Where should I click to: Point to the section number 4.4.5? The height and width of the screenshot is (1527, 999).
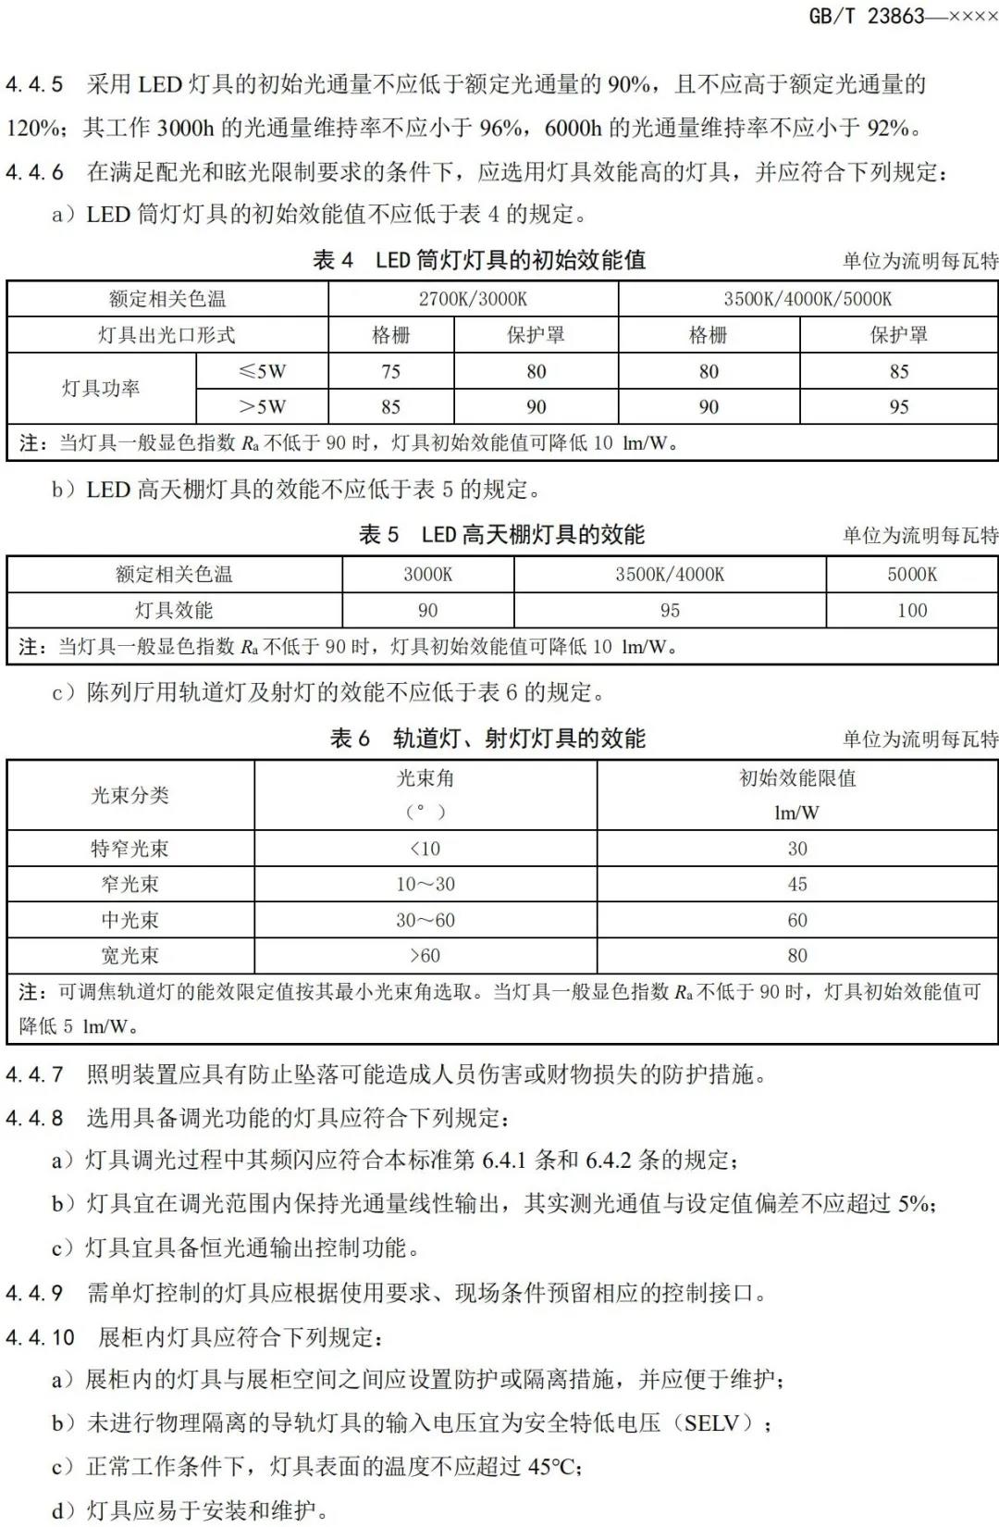click(34, 85)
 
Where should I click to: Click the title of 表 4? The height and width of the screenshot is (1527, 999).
click(479, 260)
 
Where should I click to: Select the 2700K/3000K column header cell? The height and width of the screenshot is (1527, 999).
click(473, 299)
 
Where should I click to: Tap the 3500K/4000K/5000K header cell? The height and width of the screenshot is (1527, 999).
click(808, 299)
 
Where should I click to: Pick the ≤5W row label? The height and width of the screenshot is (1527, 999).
click(262, 371)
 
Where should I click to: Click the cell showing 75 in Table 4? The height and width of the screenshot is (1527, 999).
click(390, 371)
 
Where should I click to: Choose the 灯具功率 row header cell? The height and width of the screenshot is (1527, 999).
click(101, 389)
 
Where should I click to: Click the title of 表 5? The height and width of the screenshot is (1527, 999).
click(501, 535)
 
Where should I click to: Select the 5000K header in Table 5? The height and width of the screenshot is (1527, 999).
click(911, 575)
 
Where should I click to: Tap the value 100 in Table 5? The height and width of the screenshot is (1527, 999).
click(911, 611)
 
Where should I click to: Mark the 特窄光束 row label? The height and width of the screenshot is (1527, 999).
click(129, 849)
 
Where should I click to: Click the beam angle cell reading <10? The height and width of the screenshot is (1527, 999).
click(425, 849)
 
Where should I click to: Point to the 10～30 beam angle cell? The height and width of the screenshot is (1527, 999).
click(425, 884)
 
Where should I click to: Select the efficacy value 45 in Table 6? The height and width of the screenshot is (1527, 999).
click(796, 884)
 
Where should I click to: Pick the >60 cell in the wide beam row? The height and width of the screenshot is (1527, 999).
click(425, 955)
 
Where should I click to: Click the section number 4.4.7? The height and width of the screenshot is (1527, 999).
click(34, 1074)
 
